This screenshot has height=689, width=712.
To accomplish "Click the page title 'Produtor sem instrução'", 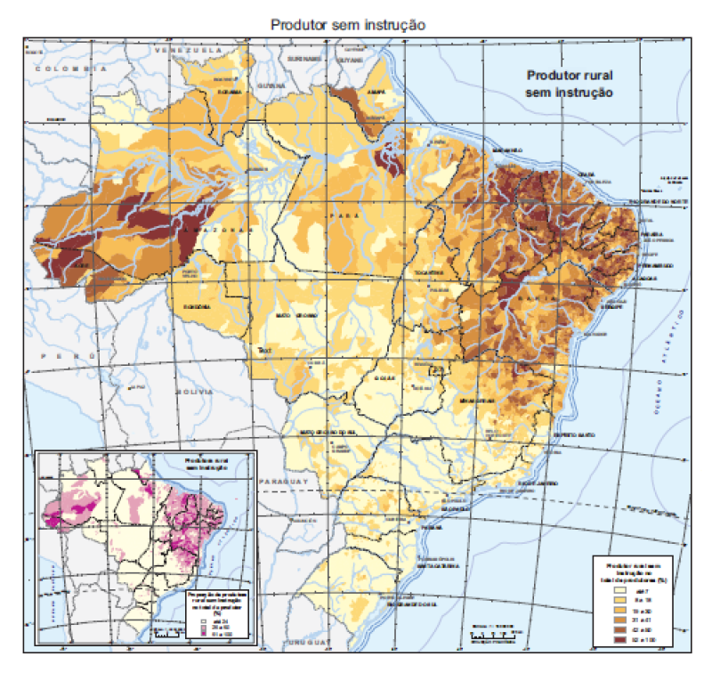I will (x=348, y=25).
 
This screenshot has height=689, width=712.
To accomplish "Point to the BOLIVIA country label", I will (x=193, y=392).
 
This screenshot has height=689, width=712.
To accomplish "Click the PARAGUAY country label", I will (x=283, y=480).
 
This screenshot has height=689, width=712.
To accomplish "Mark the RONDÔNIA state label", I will (x=196, y=305).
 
